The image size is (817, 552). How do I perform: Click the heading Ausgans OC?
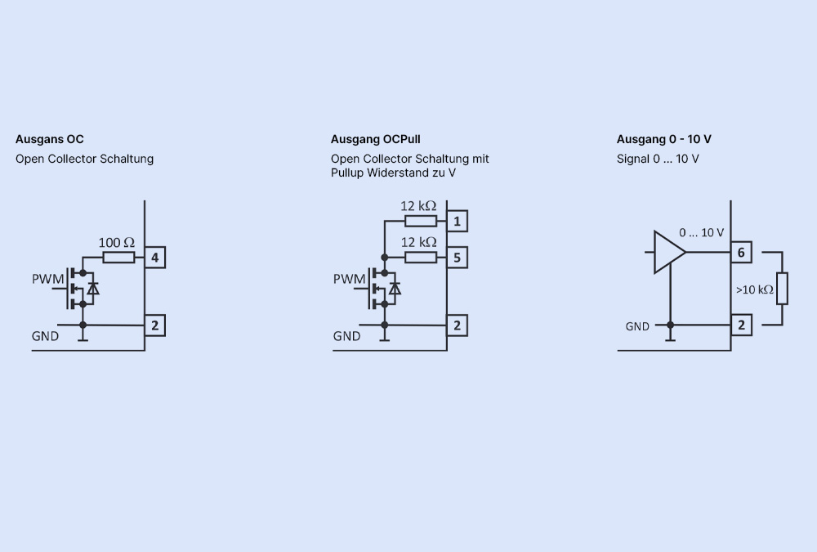[50, 139]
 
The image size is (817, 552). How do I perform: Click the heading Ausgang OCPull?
[376, 139]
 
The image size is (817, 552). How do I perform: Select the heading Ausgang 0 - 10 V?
[659, 139]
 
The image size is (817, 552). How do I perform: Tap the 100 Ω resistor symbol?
[119, 258]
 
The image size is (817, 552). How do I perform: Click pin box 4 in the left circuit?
[155, 258]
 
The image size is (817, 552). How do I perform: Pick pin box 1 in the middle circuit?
[458, 221]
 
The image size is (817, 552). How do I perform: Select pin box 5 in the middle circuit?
[458, 258]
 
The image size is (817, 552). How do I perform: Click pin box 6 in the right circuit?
[741, 252]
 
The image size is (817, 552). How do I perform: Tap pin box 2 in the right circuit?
[741, 325]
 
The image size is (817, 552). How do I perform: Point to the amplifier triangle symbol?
[669, 251]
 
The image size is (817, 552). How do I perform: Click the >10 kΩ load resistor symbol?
[782, 289]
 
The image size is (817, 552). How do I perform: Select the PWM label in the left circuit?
[48, 280]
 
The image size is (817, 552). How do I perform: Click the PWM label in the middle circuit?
[350, 280]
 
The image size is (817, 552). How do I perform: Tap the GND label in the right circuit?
[637, 326]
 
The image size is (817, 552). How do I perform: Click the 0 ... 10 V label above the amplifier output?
[701, 232]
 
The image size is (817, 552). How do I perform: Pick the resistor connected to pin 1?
[421, 221]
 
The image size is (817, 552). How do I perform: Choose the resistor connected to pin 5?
[421, 258]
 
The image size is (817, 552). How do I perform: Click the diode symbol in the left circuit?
[93, 288]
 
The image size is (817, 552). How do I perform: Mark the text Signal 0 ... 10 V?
[658, 159]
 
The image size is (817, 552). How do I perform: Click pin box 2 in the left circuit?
[155, 325]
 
